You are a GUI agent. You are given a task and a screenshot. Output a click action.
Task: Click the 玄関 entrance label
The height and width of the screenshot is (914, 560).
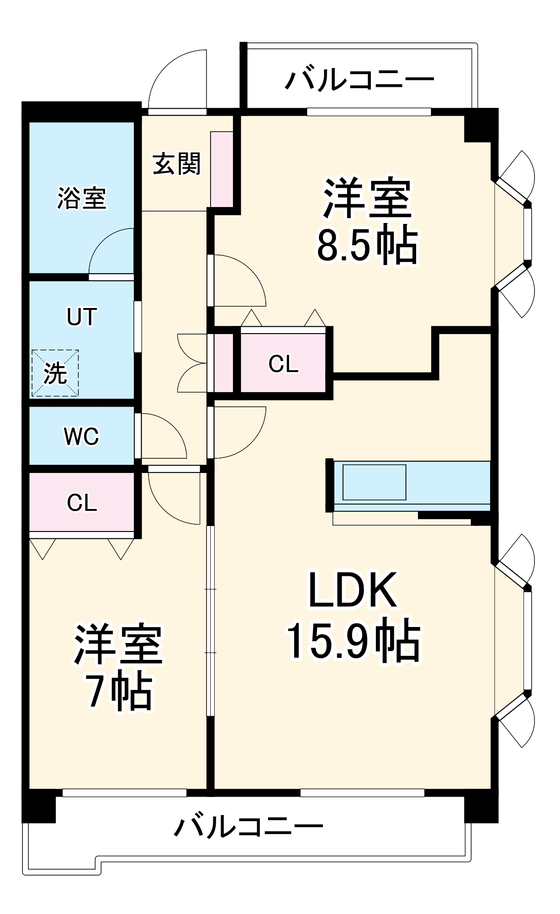coord(176,164)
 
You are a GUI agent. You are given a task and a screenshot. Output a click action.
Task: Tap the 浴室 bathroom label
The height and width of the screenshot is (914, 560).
coord(82,198)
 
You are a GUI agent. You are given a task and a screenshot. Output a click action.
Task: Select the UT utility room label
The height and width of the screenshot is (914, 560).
coord(82,317)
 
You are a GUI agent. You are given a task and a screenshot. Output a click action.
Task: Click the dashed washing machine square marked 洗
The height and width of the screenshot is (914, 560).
coord(55,373)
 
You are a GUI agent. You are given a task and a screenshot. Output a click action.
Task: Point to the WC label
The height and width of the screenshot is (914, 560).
coord(81,436)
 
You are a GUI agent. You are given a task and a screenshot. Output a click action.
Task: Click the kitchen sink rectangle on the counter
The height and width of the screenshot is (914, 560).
coord(374,482)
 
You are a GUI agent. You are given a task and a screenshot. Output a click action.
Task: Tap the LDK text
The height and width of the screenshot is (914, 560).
coord(353,590)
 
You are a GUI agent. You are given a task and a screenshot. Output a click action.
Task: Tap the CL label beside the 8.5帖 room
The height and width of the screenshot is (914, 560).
coord(283,364)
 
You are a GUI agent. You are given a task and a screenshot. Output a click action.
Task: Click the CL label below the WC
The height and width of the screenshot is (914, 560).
coord(82,503)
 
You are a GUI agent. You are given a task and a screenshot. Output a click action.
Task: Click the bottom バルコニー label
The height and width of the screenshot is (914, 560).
coord(248,826)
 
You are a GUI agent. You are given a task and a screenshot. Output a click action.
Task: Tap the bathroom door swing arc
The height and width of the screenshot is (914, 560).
coord(110,251)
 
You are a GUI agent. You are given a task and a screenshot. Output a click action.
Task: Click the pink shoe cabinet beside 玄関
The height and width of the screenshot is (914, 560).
coord(222,169)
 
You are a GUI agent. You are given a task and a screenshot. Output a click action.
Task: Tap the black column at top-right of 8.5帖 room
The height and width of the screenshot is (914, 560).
coord(480,126)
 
